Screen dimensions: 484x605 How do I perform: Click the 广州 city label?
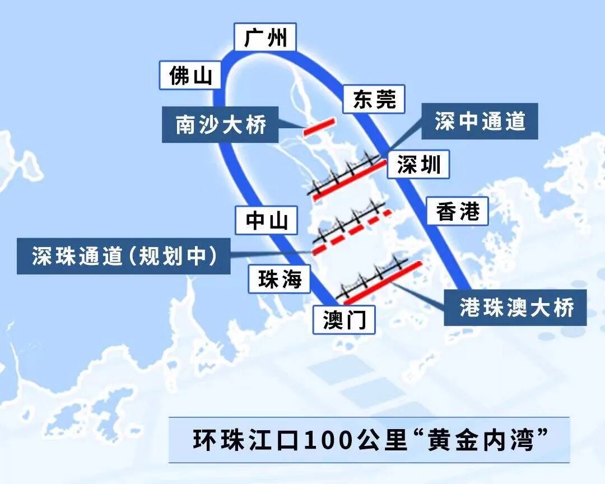coord(266,38)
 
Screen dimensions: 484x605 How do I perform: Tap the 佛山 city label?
coord(190,75)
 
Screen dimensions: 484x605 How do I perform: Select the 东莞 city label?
coord(374,99)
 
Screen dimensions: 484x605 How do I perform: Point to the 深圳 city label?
coord(418,165)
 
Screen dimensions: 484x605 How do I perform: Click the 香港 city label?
coord(457,211)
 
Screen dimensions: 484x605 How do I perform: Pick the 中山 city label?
coord(267,220)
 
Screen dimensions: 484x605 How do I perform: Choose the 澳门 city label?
coord(344,320)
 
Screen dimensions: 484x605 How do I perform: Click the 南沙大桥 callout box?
coord(221,124)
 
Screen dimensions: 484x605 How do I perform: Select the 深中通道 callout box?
coord(480,121)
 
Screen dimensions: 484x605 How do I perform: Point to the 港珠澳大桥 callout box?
coord(515,308)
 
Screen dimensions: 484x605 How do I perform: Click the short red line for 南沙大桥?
coord(319,127)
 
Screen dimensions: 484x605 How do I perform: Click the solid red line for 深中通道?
coord(350,180)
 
